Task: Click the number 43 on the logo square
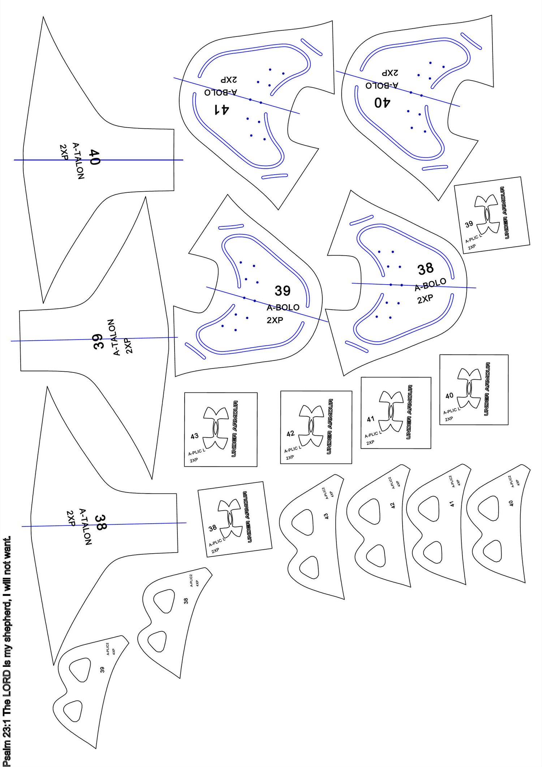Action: click(194, 436)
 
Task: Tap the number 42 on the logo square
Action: click(290, 434)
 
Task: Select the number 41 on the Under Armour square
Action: click(371, 419)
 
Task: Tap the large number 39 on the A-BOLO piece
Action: click(283, 291)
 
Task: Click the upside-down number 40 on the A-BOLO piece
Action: click(382, 103)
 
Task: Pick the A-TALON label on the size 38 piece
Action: click(85, 527)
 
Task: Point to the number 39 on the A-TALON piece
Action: click(98, 341)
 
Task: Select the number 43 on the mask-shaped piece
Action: click(326, 516)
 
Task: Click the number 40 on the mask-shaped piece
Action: click(511, 503)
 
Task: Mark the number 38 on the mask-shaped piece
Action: click(186, 601)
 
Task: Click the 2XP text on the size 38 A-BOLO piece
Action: click(425, 299)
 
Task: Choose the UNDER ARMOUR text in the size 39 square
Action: click(504, 213)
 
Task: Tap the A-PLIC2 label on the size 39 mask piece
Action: click(108, 649)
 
